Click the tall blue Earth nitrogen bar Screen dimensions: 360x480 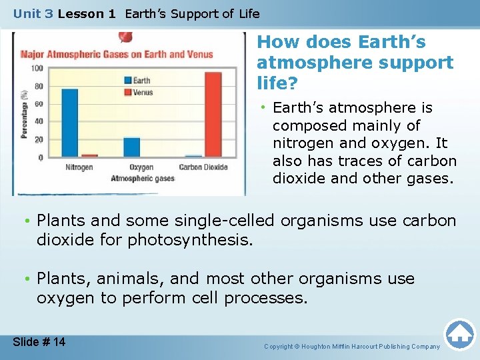pos(70,123)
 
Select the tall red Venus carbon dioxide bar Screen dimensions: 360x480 pos(213,114)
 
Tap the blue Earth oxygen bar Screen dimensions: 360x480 pos(132,147)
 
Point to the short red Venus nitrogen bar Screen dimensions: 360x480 pos(89,155)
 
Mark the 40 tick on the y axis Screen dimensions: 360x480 pos(38,121)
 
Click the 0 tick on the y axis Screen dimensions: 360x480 pos(41,157)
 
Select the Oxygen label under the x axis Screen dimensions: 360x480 pos(141,167)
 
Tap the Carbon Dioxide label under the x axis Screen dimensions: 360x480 pos(203,167)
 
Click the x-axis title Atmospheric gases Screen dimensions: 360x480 pos(142,178)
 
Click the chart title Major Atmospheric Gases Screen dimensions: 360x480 pos(117,54)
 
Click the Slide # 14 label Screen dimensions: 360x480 pos(39,342)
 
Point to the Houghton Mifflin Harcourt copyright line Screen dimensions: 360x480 pos(352,347)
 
